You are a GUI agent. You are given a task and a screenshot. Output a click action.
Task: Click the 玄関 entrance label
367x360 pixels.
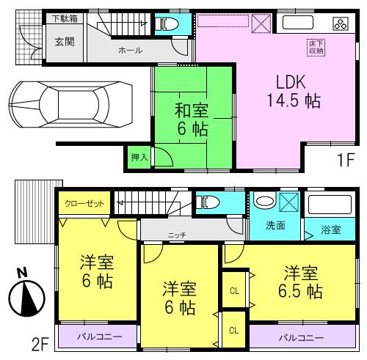(x=64, y=42)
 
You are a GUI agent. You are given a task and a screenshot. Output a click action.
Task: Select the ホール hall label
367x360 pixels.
(x=130, y=51)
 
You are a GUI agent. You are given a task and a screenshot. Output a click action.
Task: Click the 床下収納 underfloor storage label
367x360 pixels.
(x=314, y=47)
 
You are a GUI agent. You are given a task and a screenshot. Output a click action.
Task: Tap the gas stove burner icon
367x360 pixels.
(x=340, y=23)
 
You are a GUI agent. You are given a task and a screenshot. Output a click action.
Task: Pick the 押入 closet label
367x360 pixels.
(x=138, y=156)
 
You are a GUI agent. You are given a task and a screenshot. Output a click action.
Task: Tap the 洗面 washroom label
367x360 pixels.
(x=275, y=227)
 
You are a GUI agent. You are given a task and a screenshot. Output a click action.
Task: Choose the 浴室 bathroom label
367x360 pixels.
(x=330, y=230)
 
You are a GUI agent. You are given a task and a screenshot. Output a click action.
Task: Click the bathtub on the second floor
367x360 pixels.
(x=330, y=205)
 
